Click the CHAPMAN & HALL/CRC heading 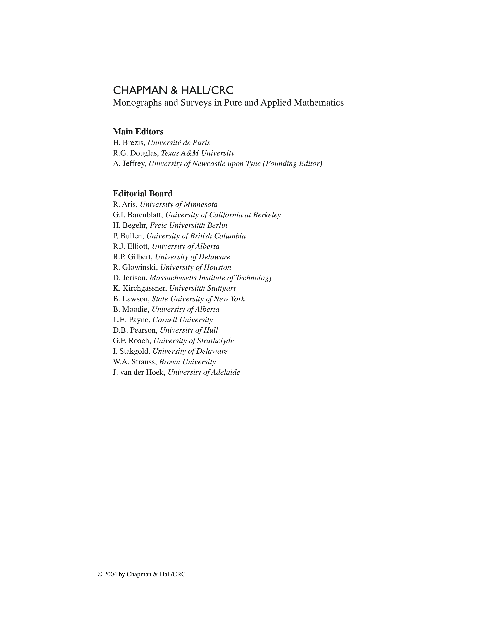173,90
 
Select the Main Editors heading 138,132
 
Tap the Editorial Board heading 143,194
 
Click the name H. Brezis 129,143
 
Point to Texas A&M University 198,153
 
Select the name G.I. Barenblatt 137,215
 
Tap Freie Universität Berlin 188,225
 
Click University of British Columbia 196,236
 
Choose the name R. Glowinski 135,267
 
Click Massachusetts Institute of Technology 211,278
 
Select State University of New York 198,299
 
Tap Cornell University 183,320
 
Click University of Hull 189,330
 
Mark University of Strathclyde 194,341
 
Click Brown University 187,362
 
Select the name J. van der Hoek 139,372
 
